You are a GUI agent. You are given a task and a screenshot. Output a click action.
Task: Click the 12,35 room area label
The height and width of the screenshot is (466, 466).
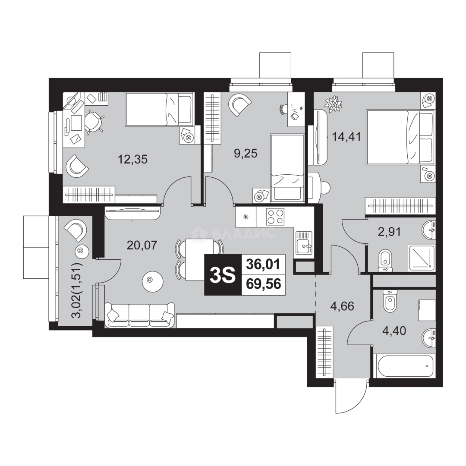[132, 160]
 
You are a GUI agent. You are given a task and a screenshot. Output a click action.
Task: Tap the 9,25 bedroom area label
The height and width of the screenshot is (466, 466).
[246, 154]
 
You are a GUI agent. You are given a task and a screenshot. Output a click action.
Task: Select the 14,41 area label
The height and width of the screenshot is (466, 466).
[346, 137]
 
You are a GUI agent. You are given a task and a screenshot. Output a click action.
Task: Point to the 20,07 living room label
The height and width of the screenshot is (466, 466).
[142, 245]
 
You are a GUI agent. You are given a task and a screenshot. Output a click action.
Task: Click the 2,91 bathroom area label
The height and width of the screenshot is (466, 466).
[389, 232]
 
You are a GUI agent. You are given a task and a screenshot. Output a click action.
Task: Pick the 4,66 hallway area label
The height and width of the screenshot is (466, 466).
[342, 306]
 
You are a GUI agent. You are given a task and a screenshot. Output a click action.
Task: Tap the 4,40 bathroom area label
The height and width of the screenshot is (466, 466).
[394, 331]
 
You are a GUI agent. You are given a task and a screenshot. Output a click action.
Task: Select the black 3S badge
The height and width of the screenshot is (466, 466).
[223, 275]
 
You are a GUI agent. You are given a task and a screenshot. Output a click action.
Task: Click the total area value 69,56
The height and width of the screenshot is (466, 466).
[264, 284]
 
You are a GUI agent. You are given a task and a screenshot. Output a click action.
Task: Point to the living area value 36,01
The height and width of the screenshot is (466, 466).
[264, 264]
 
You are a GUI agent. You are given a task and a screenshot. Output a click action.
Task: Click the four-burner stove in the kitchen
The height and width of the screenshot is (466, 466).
[275, 216]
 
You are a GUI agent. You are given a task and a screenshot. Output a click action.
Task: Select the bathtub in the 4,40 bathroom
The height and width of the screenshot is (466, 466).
[405, 366]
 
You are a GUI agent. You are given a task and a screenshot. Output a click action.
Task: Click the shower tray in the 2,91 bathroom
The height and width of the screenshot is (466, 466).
[422, 258]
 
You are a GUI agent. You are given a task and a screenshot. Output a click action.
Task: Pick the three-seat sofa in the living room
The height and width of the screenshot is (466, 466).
[140, 315]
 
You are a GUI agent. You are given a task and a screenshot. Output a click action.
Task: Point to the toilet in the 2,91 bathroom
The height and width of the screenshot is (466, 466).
[385, 261]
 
